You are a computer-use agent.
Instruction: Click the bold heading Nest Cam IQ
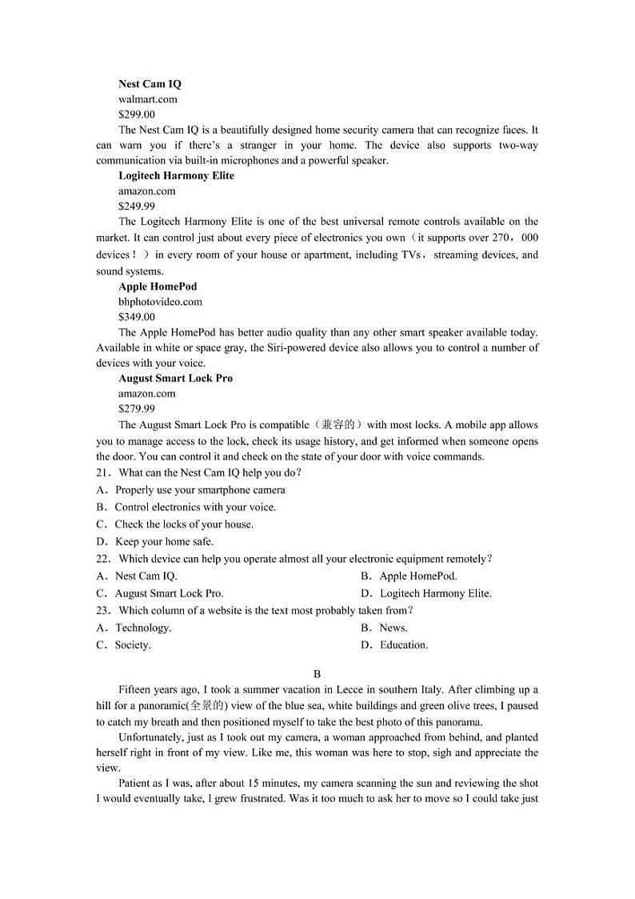(150, 84)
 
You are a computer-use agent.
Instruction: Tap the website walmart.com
(148, 99)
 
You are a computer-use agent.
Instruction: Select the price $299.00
(137, 114)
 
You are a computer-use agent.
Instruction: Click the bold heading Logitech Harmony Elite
(176, 175)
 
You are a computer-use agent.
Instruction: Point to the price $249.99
(137, 206)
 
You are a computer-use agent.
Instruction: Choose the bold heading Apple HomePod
(158, 286)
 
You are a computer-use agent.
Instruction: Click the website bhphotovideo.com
(160, 302)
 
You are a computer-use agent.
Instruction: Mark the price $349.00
(137, 317)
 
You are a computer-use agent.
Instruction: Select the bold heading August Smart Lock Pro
(176, 378)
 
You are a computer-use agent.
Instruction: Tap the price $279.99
(137, 409)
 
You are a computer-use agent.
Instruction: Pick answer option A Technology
(134, 628)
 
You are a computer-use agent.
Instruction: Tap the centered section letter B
(317, 674)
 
